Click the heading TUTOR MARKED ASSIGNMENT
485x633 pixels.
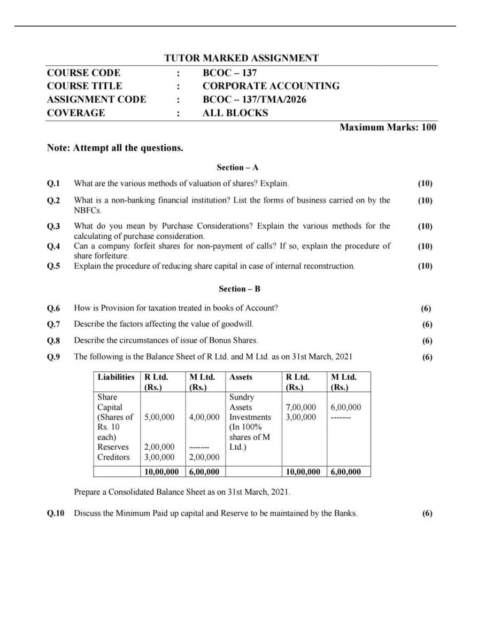241,58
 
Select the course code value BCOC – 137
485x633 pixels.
229,73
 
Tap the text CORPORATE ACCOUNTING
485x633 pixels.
271,86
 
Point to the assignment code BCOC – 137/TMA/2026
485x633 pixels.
255,99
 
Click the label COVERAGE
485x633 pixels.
76,113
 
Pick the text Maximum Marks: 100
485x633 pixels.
388,127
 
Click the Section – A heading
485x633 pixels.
237,167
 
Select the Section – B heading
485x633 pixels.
240,289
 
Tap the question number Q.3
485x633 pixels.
53,226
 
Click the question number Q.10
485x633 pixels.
56,513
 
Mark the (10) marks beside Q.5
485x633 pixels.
425,266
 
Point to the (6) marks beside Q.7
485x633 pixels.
427,324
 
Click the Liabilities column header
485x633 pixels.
116,377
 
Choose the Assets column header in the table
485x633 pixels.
241,377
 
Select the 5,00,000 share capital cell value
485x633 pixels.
159,417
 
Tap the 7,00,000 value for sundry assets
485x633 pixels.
302,407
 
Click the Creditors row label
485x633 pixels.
113,457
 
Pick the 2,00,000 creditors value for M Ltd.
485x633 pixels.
204,457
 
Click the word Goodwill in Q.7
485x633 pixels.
237,324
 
